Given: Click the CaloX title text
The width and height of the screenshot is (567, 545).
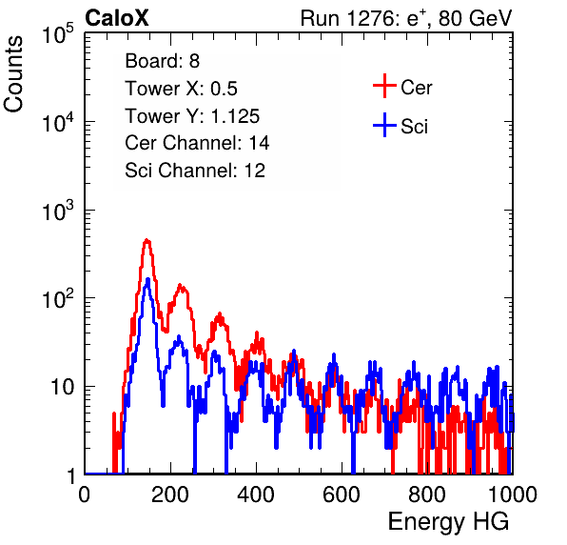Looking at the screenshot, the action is [x=117, y=18].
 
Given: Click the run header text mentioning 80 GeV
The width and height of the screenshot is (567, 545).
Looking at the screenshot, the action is [x=406, y=18].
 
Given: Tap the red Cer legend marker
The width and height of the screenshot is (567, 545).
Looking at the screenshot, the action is [x=384, y=86].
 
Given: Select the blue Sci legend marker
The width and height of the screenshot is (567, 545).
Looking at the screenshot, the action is [x=384, y=126].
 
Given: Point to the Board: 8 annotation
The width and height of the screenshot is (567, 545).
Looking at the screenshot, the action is [x=163, y=61].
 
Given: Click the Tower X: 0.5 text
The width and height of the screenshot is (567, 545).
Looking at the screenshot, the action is [x=181, y=89].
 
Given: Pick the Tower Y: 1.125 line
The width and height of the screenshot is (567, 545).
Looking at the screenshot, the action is [x=192, y=116].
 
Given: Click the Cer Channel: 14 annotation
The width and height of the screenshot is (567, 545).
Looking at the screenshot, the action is [x=197, y=143].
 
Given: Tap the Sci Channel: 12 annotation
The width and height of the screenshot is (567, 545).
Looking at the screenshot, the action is [x=195, y=171].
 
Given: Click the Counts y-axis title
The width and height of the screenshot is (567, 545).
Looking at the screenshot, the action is [x=13, y=74].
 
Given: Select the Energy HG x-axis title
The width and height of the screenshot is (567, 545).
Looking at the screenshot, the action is [x=448, y=522].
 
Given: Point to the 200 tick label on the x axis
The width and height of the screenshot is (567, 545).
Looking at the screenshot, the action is [x=170, y=495].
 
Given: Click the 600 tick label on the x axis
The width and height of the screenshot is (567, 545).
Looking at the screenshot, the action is [x=342, y=495].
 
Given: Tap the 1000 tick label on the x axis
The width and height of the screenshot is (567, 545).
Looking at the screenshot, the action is [x=513, y=495].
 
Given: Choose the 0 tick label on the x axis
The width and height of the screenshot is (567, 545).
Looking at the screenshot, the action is [x=85, y=495].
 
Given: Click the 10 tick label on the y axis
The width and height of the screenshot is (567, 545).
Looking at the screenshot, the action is [x=62, y=387].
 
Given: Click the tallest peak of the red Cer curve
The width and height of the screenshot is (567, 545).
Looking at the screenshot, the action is [x=147, y=240].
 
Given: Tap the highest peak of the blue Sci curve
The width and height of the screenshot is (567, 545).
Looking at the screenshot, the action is [x=147, y=279].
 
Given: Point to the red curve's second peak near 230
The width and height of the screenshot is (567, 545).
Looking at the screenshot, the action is [x=181, y=286].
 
